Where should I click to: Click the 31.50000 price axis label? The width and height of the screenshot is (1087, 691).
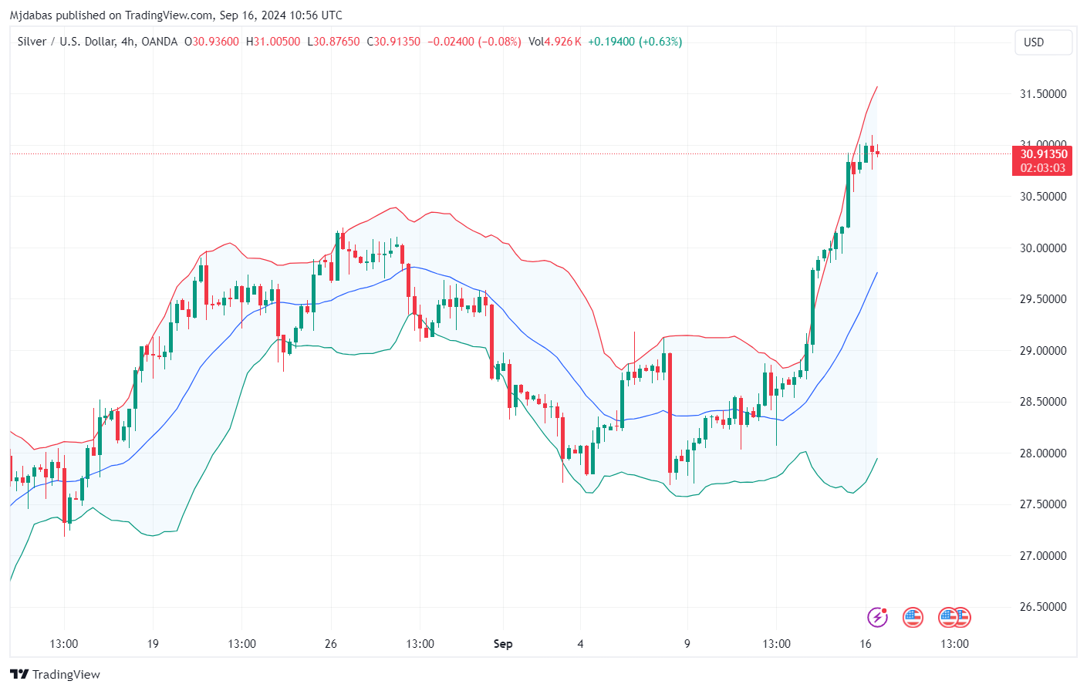point(1043,94)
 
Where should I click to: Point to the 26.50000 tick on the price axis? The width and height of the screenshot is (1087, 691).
point(1043,607)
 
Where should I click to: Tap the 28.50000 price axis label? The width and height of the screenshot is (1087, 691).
point(1043,402)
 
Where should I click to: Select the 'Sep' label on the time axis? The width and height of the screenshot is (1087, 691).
point(503,644)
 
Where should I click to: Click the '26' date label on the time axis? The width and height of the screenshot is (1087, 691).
point(331,644)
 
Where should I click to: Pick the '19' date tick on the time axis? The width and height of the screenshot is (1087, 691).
point(153,644)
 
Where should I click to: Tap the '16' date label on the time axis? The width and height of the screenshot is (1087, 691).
point(866,644)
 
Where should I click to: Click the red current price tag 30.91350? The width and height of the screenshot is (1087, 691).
point(1043,154)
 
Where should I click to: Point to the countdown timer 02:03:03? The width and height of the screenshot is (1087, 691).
point(1043,168)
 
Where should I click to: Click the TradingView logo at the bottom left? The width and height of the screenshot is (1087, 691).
point(56,674)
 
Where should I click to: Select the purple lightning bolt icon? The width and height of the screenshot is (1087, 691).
point(877,617)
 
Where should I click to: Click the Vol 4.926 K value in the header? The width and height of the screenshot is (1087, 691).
point(555,42)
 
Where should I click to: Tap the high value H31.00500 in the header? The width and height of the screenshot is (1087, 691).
point(273,42)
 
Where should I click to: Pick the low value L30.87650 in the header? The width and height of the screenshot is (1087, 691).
point(333,42)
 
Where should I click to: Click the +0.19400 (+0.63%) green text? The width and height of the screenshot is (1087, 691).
point(635,42)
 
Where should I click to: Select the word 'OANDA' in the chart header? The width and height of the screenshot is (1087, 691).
point(160,42)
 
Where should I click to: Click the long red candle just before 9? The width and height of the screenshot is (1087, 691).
point(670,413)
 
